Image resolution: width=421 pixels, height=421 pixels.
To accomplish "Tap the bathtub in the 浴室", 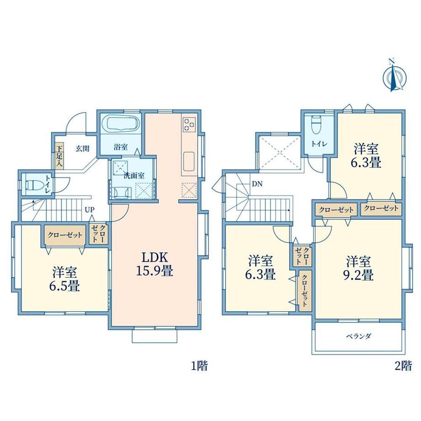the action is tap(124, 123).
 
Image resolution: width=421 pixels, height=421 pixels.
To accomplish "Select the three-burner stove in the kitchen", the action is tap(189, 124).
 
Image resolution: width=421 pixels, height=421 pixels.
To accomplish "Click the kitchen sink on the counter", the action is tap(189, 162).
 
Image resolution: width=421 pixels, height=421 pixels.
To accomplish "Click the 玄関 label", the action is tap(82, 148).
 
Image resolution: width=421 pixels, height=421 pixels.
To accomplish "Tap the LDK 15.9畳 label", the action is tap(155, 264).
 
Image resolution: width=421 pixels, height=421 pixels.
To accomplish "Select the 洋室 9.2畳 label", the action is tap(358, 268).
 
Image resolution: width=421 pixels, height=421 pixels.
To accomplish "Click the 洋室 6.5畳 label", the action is tap(65, 279).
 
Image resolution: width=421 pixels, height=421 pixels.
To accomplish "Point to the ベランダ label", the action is tap(359, 336).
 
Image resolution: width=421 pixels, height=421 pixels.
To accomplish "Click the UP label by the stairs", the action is tap(90, 210).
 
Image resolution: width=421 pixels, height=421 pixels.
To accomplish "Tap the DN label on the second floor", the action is tap(257, 184).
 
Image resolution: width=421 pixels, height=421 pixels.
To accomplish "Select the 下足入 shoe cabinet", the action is tap(59, 156).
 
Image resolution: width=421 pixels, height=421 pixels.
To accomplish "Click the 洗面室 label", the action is tap(134, 176).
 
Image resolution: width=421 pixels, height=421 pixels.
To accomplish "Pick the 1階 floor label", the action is tap(199, 366).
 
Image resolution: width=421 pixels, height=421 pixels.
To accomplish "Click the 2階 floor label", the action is tap(403, 366).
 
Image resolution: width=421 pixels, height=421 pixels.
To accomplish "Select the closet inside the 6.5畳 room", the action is tap(65, 235).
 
